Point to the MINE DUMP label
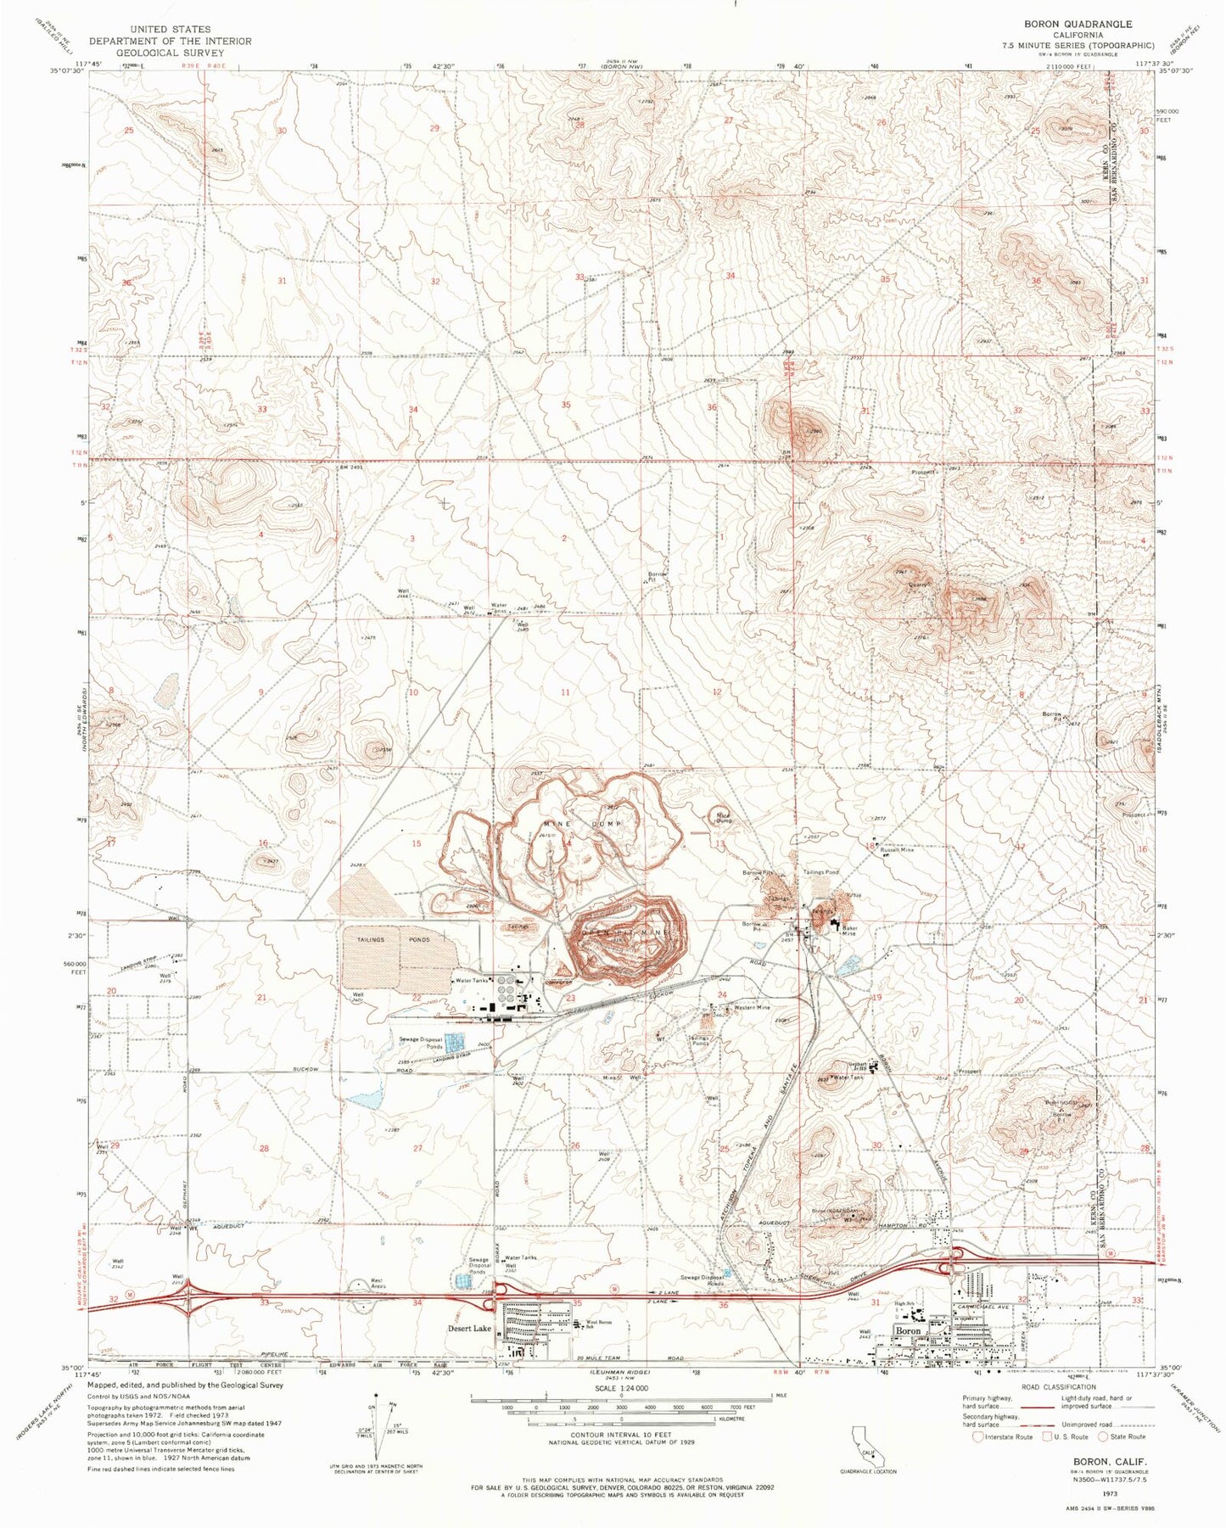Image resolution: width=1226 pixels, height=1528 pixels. pyautogui.click(x=583, y=825)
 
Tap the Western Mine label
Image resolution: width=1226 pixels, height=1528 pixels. pyautogui.click(x=752, y=1008)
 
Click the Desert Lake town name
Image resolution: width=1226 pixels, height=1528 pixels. pyautogui.click(x=470, y=1329)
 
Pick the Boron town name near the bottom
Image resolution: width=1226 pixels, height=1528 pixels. pyautogui.click(x=909, y=1331)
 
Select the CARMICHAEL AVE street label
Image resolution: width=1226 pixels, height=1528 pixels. pyautogui.click(x=988, y=1307)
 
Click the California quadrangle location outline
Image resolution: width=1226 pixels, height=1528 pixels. pyautogui.click(x=870, y=1446)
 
